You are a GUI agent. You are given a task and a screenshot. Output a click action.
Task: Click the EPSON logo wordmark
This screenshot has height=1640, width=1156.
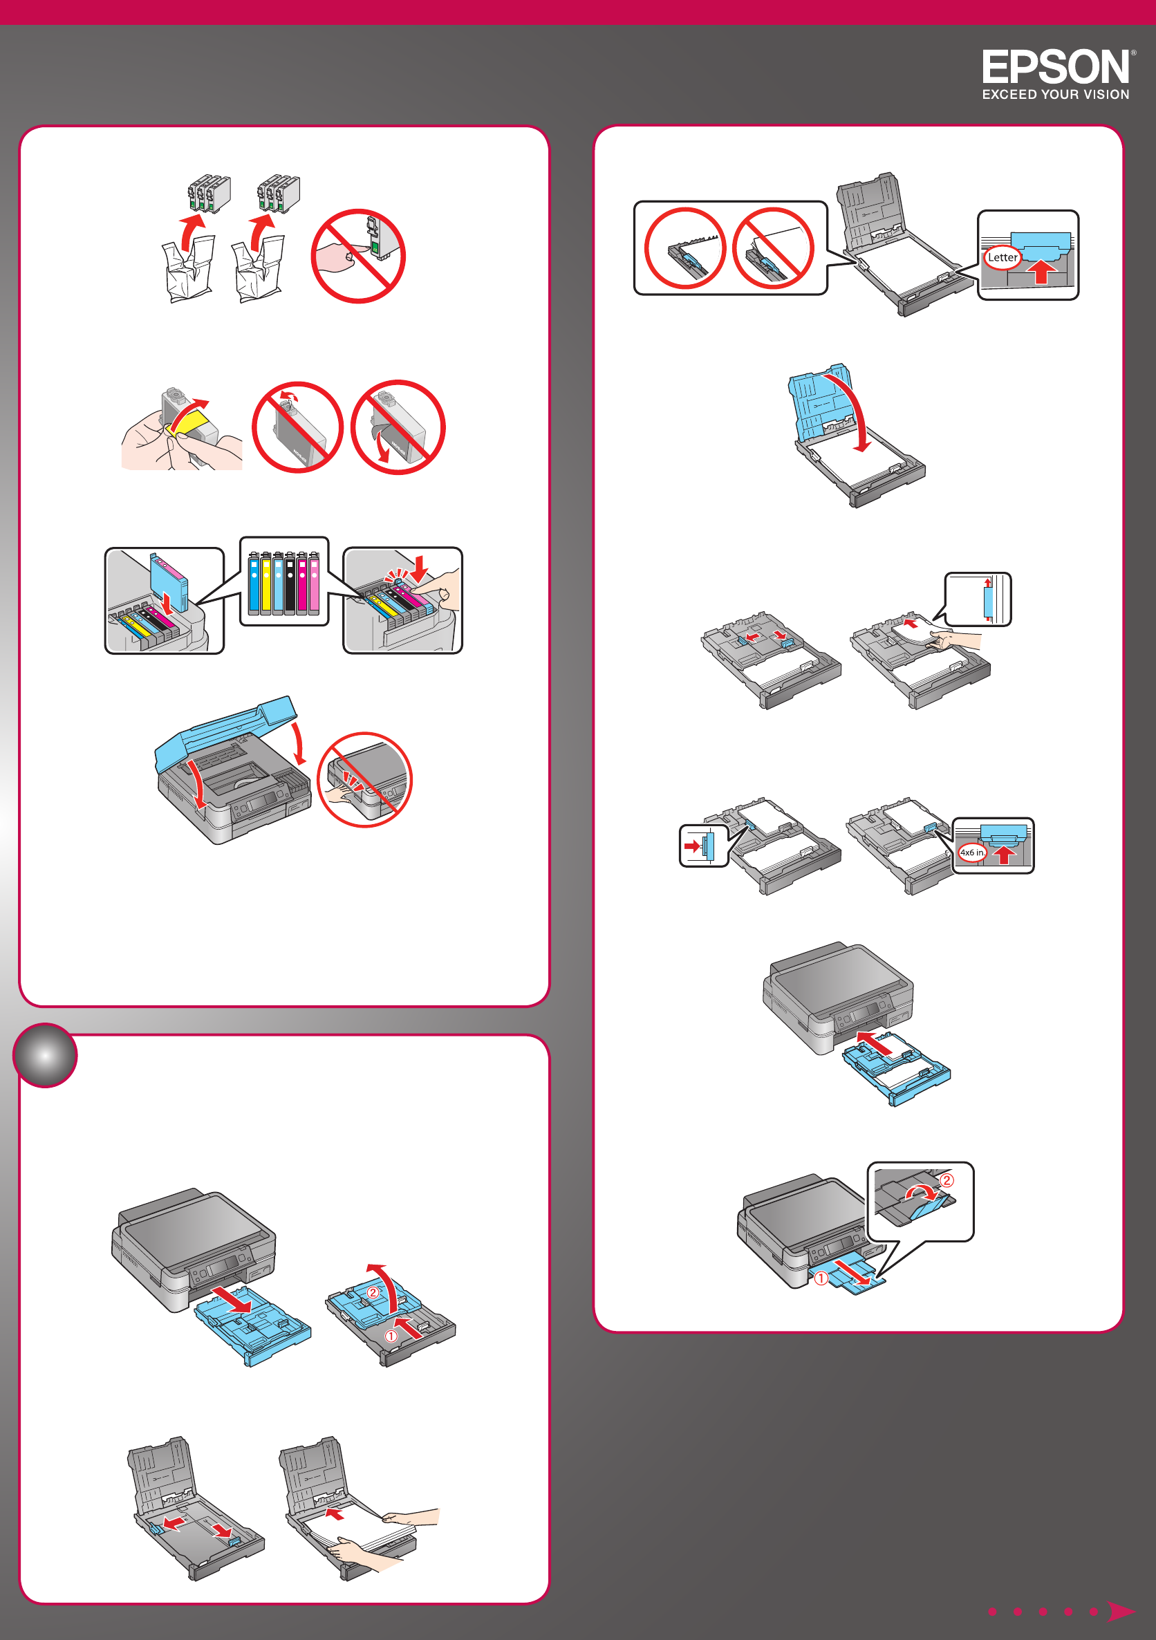click(1055, 67)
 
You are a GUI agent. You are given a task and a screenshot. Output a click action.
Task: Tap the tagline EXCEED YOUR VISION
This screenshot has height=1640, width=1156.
click(1055, 94)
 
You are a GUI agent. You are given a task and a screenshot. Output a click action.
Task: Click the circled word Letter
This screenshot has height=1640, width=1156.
click(1003, 257)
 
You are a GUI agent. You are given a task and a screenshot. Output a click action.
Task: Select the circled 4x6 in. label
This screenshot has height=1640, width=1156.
click(971, 852)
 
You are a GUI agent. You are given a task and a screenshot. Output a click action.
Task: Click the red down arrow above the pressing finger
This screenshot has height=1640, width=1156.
click(420, 568)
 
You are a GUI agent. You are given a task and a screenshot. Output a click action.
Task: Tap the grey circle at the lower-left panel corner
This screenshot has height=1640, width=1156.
click(45, 1055)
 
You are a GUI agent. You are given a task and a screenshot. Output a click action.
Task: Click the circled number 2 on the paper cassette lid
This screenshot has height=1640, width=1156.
click(372, 1292)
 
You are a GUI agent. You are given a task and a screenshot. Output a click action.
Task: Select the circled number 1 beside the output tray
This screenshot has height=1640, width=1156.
click(821, 1278)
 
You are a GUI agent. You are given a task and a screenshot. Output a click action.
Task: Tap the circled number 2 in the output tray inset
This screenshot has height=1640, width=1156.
click(946, 1180)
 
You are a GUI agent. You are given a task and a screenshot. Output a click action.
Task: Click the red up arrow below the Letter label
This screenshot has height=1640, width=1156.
click(1042, 271)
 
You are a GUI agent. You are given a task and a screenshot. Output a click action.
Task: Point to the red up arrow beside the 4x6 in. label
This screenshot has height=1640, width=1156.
click(1005, 854)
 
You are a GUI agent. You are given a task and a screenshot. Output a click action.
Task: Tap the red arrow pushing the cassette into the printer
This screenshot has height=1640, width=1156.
click(875, 1042)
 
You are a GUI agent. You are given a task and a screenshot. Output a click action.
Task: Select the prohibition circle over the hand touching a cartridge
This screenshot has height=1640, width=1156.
click(358, 256)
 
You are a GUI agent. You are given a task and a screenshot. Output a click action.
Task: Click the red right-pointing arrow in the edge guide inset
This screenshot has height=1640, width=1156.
click(692, 846)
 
